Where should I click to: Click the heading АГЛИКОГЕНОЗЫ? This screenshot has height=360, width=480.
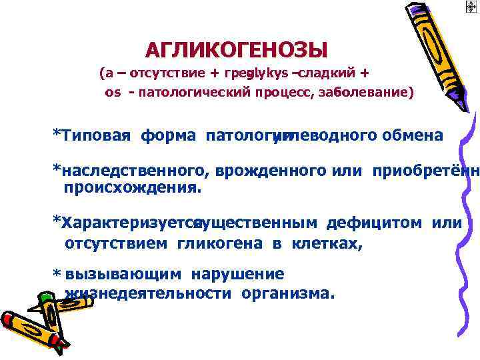[236, 50]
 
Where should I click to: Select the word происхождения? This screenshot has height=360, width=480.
[131, 188]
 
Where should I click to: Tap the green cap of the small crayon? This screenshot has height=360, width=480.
[46, 295]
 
